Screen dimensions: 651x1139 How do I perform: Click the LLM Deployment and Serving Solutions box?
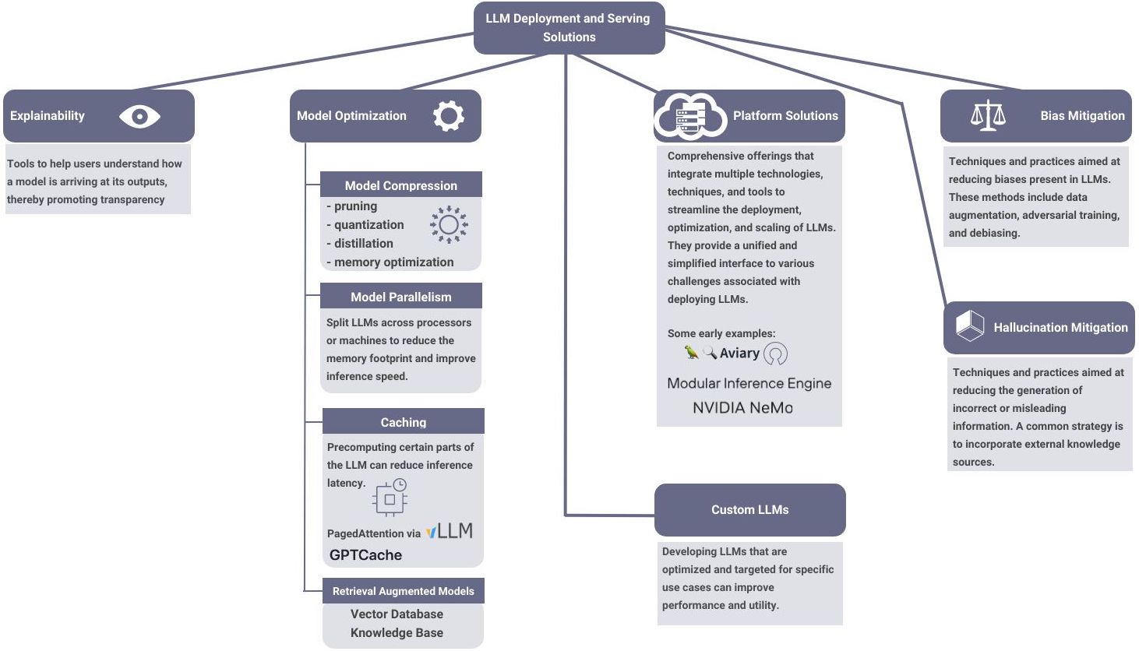tap(569, 27)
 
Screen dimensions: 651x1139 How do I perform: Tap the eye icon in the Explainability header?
tap(139, 117)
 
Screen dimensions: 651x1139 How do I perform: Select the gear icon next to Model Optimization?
tap(448, 116)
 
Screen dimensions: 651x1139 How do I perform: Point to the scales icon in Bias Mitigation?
tap(988, 115)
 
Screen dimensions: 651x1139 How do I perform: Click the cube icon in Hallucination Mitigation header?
tap(970, 325)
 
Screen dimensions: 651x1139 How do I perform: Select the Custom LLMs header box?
tap(749, 509)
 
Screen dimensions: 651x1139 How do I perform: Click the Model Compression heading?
tap(401, 185)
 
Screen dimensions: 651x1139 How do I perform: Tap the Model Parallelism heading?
tap(401, 297)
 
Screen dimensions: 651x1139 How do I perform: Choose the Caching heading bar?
tap(403, 422)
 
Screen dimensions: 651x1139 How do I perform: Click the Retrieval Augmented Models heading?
tap(403, 591)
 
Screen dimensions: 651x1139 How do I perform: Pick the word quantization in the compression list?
tap(368, 225)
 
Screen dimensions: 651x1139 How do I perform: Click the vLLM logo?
tap(450, 532)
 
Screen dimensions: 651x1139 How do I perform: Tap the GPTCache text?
tap(365, 555)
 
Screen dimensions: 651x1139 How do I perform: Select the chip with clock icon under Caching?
tap(390, 498)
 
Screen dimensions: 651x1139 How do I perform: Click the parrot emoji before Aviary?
tap(691, 352)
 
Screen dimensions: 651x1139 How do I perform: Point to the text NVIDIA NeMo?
tap(742, 407)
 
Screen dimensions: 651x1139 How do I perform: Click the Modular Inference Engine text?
tap(749, 383)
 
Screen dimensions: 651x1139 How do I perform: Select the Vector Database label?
tap(397, 614)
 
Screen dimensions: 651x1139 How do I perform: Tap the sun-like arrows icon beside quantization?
tap(449, 225)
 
